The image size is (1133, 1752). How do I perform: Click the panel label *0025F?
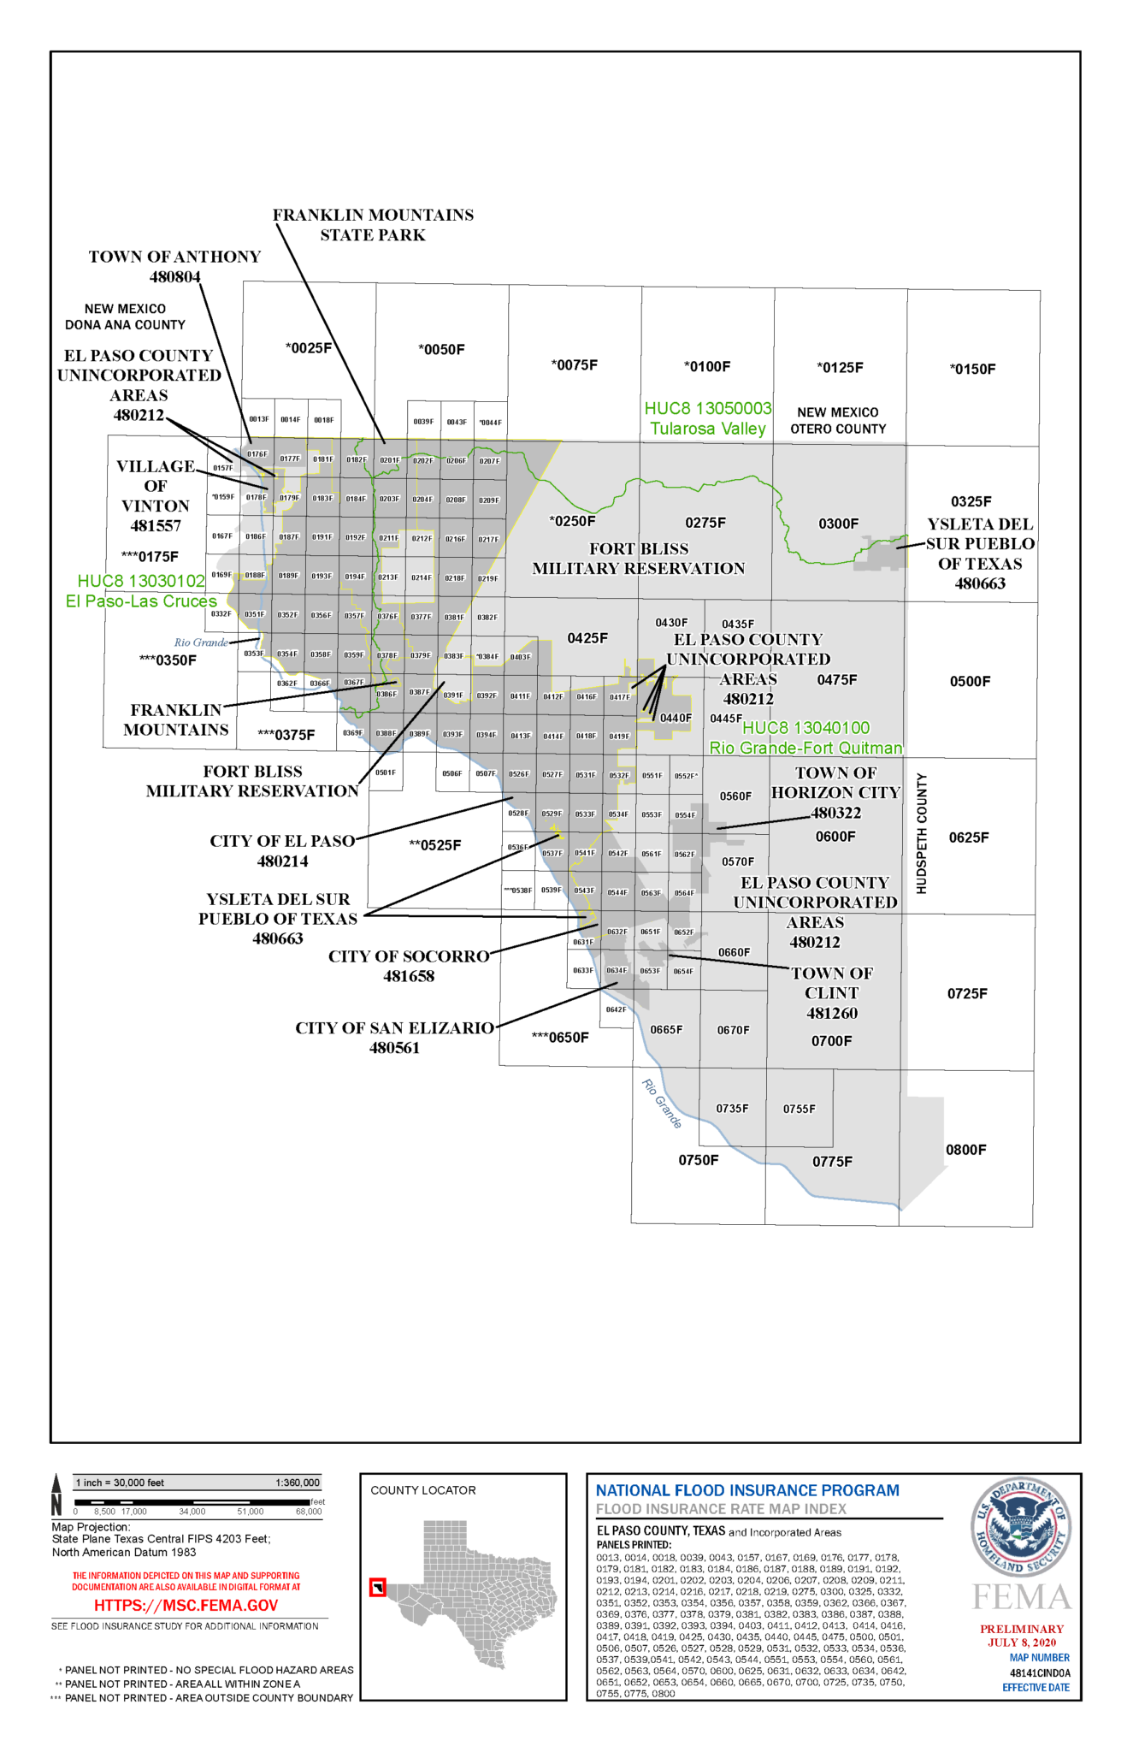(x=309, y=348)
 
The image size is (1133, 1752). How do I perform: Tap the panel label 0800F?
(x=965, y=1150)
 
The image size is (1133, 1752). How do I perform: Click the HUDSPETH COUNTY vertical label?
(x=922, y=833)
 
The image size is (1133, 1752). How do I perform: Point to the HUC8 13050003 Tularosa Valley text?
(x=708, y=418)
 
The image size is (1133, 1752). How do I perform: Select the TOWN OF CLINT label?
(x=831, y=992)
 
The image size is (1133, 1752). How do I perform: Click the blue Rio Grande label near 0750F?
(x=661, y=1104)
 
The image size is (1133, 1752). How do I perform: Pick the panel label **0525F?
(x=435, y=845)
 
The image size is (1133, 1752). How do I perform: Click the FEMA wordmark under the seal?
(x=1022, y=1597)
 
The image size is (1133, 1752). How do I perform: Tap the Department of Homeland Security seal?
(x=1021, y=1527)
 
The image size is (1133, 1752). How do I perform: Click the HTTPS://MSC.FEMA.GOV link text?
(x=186, y=1606)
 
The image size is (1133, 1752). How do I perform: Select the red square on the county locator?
(x=377, y=1588)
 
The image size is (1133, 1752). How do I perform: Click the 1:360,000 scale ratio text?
(x=297, y=1483)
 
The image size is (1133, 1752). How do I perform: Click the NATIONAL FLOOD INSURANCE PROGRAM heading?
(x=747, y=1490)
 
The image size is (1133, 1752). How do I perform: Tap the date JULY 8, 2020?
(x=1022, y=1642)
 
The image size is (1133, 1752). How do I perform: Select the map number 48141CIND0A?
(x=1039, y=1672)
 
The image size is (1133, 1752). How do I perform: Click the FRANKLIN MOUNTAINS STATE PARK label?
(x=373, y=225)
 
